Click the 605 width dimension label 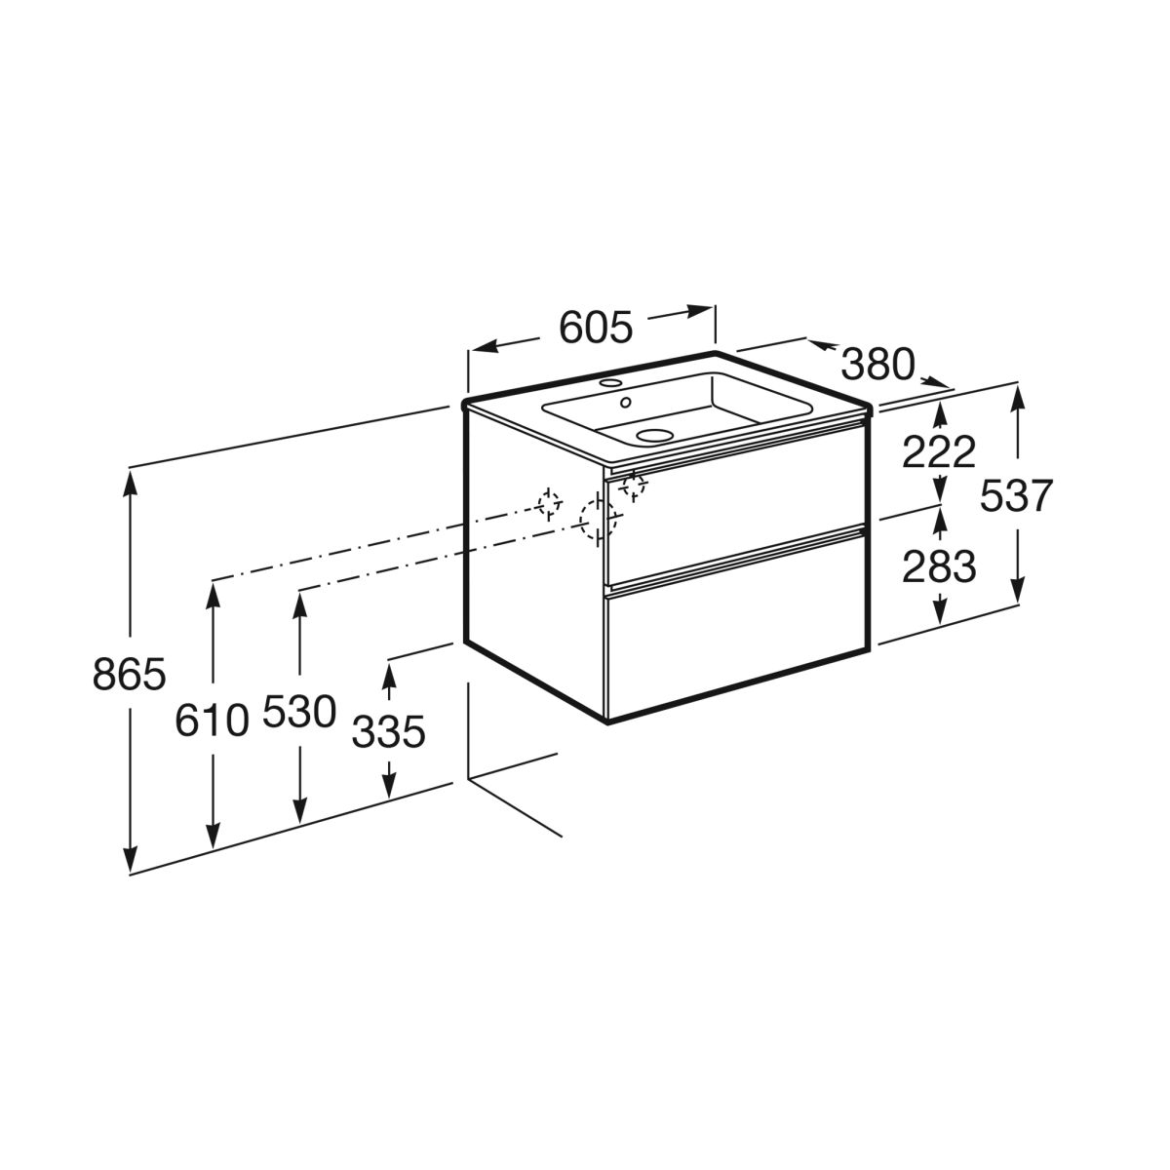[596, 328]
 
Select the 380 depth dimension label [877, 365]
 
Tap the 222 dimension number [939, 452]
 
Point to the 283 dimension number [939, 567]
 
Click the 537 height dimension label [1016, 496]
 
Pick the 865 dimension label [130, 674]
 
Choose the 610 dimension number [212, 721]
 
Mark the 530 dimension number [299, 712]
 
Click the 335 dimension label [389, 731]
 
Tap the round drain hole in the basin [654, 434]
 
